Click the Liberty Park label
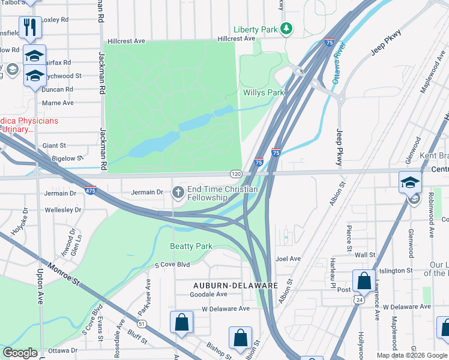[256, 29]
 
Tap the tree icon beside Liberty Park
[287, 29]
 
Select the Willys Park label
[263, 93]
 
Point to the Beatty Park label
[191, 247]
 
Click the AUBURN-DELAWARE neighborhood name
[235, 286]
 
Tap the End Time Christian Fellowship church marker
[178, 193]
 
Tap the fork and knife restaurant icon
[29, 27]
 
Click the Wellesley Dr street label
[63, 210]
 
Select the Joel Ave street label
[288, 259]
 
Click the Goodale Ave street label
[208, 295]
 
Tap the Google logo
[20, 353]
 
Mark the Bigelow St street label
[67, 158]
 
